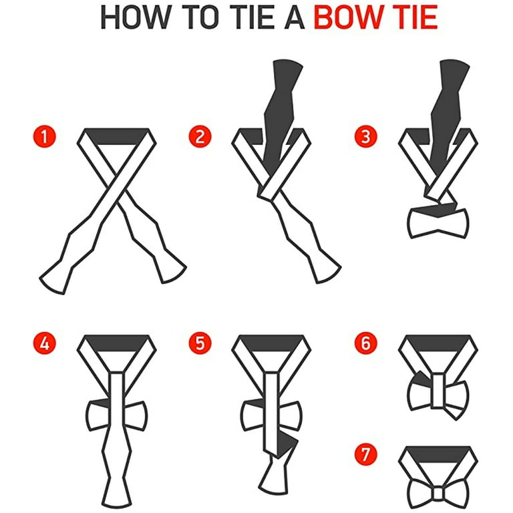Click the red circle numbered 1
45,136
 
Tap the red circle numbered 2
200,136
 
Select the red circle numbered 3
366,136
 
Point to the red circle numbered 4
45,343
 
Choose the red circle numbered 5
200,343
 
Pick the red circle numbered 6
366,343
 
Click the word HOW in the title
136,17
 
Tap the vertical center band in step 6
438,391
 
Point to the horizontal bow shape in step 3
438,222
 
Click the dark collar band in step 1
117,136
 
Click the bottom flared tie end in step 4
117,491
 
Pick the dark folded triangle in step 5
287,445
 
